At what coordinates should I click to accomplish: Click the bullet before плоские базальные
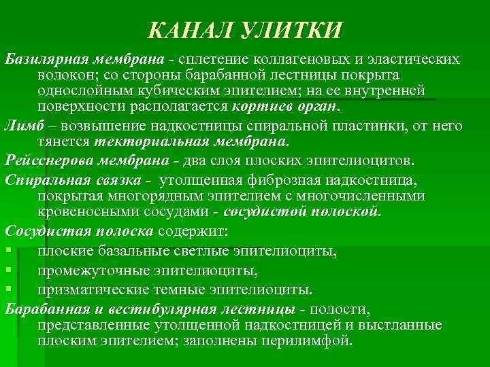click(7, 253)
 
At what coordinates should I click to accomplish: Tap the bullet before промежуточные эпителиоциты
click(7, 271)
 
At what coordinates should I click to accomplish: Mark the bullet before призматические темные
click(7, 290)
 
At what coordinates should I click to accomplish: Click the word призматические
click(93, 290)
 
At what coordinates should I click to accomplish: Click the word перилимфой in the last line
click(311, 340)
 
